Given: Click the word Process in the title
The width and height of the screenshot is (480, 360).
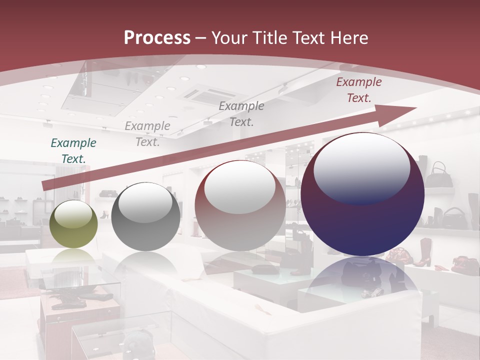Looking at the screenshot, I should (157, 38).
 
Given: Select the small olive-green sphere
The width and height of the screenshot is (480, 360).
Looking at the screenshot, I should (73, 224).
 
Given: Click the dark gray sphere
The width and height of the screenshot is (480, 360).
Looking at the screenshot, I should (145, 217).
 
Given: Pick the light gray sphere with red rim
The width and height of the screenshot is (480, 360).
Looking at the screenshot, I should (240, 206).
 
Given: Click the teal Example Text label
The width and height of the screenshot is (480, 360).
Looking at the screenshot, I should (73, 150).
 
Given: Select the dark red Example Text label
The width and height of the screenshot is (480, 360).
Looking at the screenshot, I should (358, 90).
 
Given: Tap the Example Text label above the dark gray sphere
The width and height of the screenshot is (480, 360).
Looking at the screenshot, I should (147, 133).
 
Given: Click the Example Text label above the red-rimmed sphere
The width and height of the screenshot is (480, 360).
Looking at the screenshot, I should (241, 113).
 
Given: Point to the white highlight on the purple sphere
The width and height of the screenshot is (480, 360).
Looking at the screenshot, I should (361, 167).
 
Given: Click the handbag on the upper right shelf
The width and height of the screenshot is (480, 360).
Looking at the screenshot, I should (441, 175).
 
